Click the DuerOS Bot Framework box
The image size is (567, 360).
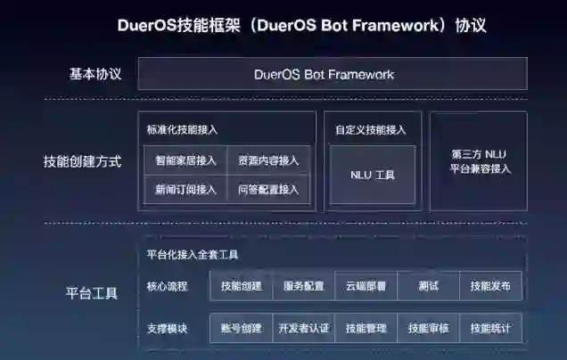332,75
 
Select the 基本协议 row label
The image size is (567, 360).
95,73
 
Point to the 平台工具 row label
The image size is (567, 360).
92,293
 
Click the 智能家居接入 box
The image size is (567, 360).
185,160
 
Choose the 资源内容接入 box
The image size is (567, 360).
268,160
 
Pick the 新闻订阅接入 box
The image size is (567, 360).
185,189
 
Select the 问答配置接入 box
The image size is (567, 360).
268,189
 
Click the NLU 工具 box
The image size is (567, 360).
373,175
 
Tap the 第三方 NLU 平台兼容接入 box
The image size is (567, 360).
479,161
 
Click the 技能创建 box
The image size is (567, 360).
241,286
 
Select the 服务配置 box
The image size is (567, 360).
304,286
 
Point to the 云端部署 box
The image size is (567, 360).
366,286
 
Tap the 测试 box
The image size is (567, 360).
428,286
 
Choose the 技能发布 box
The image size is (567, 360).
490,286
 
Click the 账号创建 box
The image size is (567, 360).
241,328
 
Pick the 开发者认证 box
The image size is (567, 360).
304,328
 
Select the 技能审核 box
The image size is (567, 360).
428,328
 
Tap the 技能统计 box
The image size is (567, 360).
490,328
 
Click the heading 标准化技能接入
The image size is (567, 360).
183,130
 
